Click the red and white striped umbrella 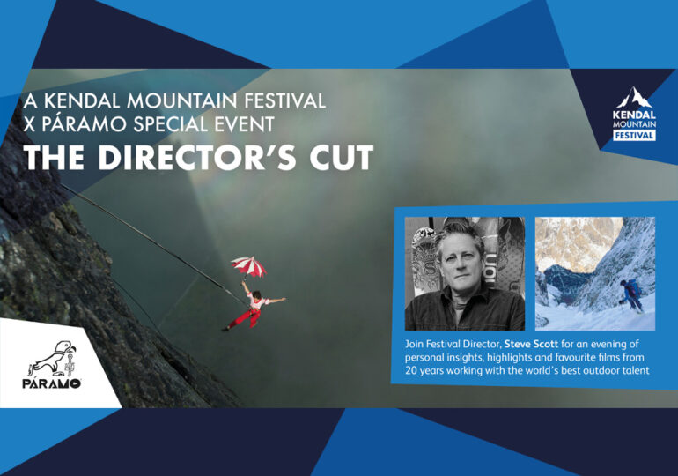click(248, 265)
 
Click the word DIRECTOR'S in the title click(196, 158)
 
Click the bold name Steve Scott click(532, 345)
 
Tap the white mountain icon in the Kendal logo click(634, 97)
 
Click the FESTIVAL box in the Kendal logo click(634, 136)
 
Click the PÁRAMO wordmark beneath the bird click(52, 383)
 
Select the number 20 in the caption click(411, 371)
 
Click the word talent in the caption click(635, 371)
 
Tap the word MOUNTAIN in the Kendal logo click(634, 124)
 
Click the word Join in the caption click(414, 345)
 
